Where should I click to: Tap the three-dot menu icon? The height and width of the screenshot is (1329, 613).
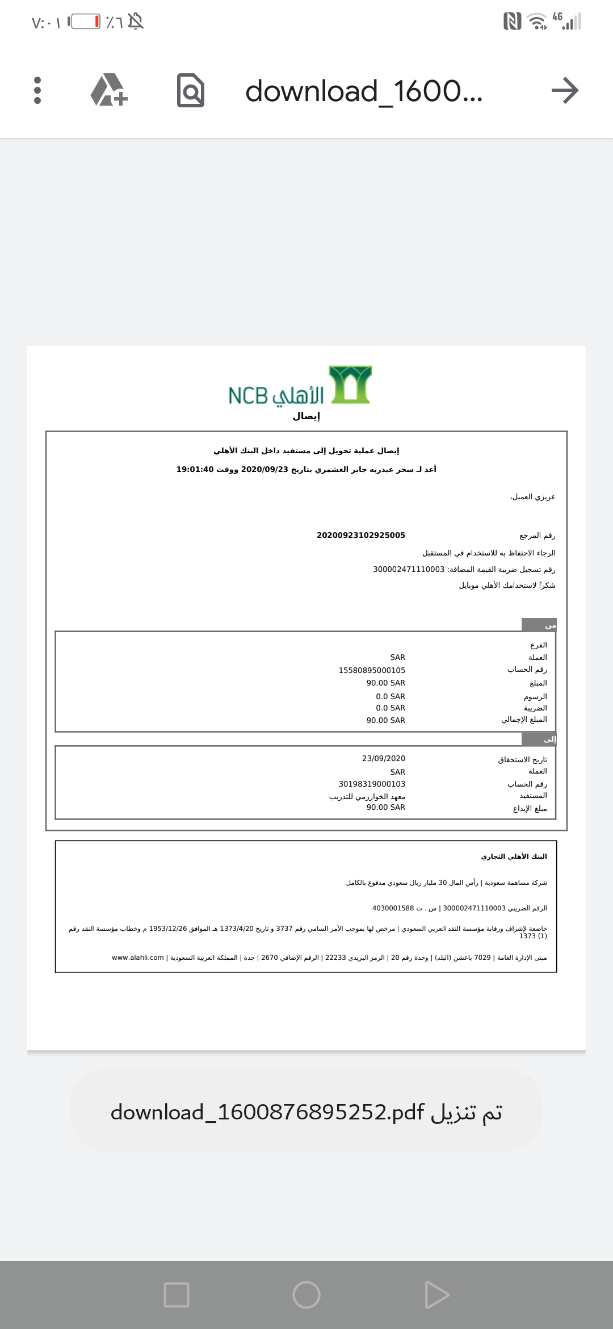coord(37,90)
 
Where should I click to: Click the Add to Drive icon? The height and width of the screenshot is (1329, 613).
coord(108,90)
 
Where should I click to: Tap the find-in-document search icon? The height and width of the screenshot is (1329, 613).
coord(190,90)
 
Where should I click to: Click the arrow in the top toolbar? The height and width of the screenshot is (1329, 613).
coord(564,90)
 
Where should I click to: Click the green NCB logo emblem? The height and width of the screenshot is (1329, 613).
coord(351,385)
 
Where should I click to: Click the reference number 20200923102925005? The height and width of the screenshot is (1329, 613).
coord(361,535)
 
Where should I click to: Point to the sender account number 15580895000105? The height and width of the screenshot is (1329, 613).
coord(372,670)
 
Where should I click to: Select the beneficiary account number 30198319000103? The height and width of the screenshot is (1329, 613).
coord(372,784)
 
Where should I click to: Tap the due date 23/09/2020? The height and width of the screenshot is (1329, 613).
coord(384,758)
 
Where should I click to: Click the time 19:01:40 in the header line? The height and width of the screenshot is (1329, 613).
coord(195,469)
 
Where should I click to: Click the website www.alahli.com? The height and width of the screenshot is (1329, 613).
coord(138,958)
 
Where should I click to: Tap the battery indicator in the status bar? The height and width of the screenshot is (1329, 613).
coord(85,22)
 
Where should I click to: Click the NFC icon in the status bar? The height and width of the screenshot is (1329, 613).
coord(512,22)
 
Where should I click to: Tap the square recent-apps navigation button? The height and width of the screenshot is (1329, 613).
coord(176,1295)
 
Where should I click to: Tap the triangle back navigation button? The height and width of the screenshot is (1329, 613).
coord(436,1295)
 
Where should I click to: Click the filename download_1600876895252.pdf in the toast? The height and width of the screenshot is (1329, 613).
coord(267,1112)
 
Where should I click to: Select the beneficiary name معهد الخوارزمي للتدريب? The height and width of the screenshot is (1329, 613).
coord(367,796)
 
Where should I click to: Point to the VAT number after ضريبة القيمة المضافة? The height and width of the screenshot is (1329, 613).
coord(409,569)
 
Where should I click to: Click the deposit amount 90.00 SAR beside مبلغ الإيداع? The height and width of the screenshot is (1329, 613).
coord(385,807)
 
